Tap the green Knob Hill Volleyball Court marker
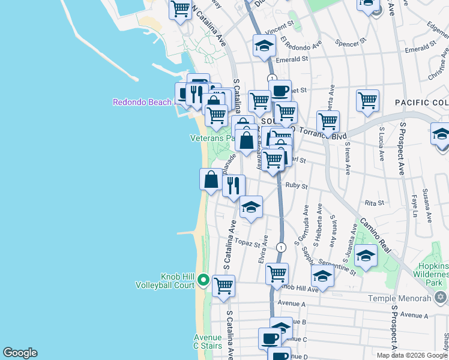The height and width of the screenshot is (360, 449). click(203, 280)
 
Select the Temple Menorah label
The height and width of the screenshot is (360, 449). click(406, 298)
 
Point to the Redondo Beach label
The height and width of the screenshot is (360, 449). click(142, 102)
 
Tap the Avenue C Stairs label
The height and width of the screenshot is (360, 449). click(208, 341)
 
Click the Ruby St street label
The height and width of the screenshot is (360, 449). click(297, 186)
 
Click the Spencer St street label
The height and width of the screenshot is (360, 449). click(351, 43)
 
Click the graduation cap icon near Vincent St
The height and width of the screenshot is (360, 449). click(264, 46)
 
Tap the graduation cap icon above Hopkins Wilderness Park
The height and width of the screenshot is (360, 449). click(366, 256)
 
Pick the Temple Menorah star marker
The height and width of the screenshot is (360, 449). click(440, 297)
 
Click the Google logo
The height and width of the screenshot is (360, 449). click(20, 353)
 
